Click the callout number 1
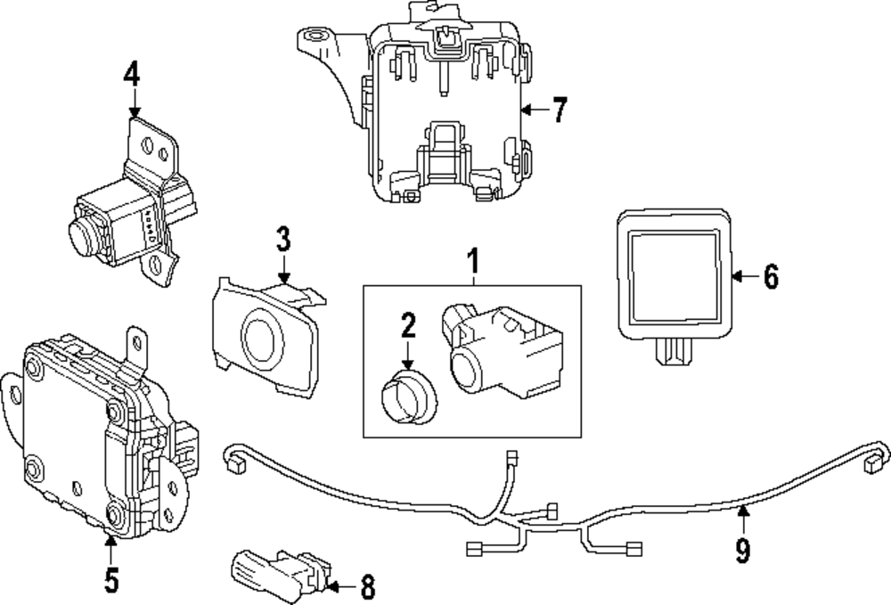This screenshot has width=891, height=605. click(x=473, y=263)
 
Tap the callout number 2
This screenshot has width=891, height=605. click(x=408, y=326)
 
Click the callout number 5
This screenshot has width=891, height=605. click(x=110, y=579)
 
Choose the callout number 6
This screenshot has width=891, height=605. click(x=771, y=277)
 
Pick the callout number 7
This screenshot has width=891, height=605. click(x=559, y=110)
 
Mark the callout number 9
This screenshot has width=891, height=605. click(x=742, y=550)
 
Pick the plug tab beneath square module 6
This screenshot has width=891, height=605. click(x=673, y=355)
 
